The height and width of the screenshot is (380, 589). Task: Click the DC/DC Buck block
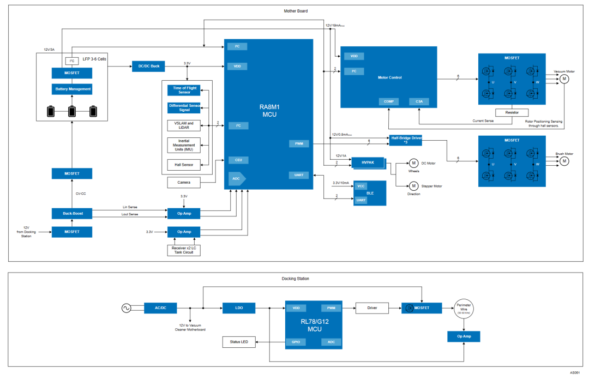tap(148, 66)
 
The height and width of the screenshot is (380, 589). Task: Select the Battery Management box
tap(71, 89)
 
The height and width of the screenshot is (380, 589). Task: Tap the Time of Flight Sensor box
tap(184, 90)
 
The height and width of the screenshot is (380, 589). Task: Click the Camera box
tap(184, 182)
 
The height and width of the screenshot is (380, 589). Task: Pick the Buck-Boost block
tap(71, 213)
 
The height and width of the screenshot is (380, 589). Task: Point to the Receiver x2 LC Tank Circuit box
tap(183, 250)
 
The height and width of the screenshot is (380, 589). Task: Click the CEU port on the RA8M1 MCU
tap(238, 160)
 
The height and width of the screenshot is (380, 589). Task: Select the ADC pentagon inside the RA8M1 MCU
tap(237, 178)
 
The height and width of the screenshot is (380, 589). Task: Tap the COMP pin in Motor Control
tap(388, 101)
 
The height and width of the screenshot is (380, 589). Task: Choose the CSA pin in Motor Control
tap(419, 101)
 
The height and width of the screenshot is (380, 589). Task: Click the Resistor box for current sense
tap(512, 112)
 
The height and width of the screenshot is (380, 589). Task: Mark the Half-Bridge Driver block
tap(406, 140)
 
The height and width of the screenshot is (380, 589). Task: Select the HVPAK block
tap(368, 162)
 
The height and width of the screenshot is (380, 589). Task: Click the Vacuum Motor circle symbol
tap(564, 79)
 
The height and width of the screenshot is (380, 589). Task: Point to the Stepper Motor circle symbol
tap(413, 186)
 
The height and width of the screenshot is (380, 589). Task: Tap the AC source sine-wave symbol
tap(127, 308)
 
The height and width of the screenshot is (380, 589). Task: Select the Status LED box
tap(239, 342)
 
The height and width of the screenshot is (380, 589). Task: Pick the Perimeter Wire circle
tap(463, 308)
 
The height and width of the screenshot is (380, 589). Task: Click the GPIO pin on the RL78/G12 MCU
tap(296, 342)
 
